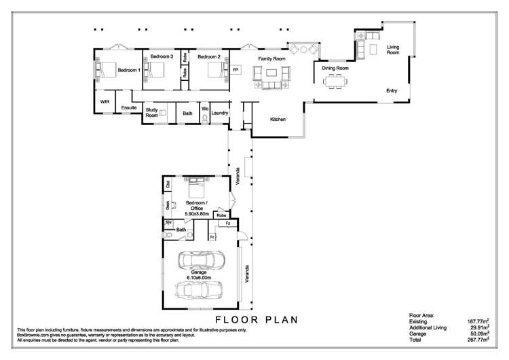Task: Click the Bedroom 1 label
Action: coord(129,70)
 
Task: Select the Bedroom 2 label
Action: coord(209,56)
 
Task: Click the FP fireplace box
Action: coord(236,70)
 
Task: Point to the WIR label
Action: coord(105,101)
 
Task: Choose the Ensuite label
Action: coord(129,107)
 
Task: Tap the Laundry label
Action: coord(219,113)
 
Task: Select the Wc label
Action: coord(204,109)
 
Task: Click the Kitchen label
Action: coord(278,120)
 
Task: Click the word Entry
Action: coord(392,90)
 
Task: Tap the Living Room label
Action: coord(393,50)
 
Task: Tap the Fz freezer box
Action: coord(228,223)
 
